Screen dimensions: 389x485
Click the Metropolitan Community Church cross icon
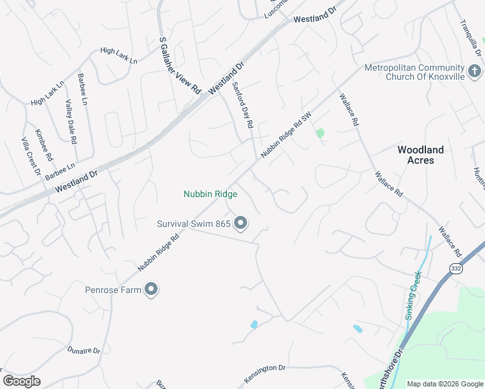click(x=474, y=70)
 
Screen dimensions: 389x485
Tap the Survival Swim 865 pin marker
click(x=241, y=224)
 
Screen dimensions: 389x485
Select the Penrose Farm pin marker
click(x=151, y=289)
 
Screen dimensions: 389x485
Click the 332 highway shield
click(x=456, y=268)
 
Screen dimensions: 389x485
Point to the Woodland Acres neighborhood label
click(x=420, y=155)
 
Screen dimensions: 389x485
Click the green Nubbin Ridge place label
click(x=210, y=194)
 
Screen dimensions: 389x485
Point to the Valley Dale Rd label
click(x=71, y=121)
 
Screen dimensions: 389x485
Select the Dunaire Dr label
click(x=84, y=351)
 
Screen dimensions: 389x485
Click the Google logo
click(x=21, y=381)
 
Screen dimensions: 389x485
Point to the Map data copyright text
click(x=444, y=384)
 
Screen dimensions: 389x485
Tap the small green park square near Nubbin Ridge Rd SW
click(x=320, y=134)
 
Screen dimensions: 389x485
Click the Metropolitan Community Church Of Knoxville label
click(x=416, y=72)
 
